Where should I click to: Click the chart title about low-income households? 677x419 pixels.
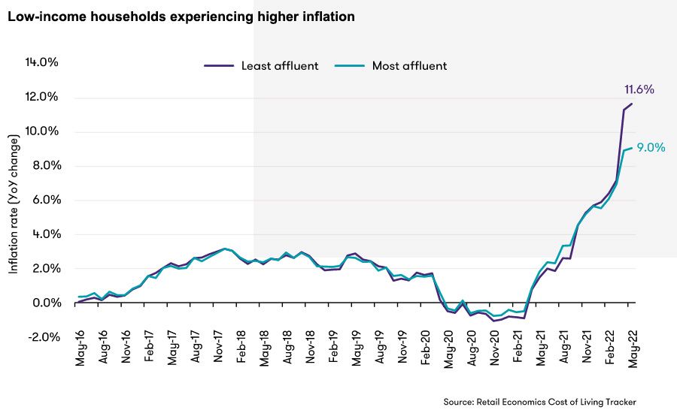point(181,16)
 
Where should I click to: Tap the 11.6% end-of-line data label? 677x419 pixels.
point(639,89)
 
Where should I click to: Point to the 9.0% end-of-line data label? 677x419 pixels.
point(651,148)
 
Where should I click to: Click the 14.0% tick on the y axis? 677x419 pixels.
point(43,62)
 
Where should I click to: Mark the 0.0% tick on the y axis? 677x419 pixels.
point(45,303)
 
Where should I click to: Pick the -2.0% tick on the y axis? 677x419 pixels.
point(43,337)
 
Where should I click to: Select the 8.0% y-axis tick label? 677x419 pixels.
point(45,166)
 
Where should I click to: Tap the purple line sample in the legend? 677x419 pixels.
point(218,65)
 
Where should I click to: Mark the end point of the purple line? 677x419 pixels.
point(632,104)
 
